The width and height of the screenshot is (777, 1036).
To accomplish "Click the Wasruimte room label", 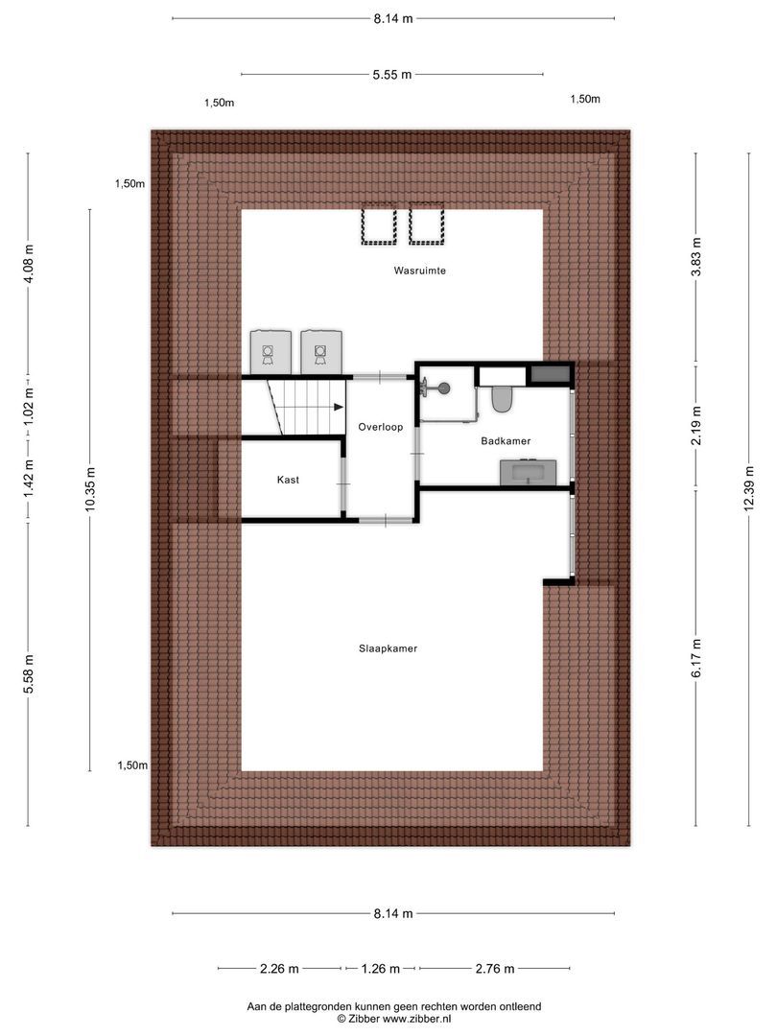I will coord(419,271).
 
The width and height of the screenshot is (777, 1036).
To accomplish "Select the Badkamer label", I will coord(506,440).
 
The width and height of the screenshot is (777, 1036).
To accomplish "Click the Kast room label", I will coord(289,480).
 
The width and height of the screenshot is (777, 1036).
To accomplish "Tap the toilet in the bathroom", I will coord(501,398).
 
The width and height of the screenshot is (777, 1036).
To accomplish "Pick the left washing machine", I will coord(270,351).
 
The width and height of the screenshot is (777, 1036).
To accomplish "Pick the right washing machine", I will coord(320,351).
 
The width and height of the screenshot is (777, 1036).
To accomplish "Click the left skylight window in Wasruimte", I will coord(378,226).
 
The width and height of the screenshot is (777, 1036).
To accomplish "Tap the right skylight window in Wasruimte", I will coord(426,226).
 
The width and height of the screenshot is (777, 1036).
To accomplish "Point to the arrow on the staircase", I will coord(338,408).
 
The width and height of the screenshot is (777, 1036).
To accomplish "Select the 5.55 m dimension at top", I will coord(391,74).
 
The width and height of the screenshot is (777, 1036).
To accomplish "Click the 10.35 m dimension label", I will coord(91,489).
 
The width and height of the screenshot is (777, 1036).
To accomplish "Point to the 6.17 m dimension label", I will coord(697,659).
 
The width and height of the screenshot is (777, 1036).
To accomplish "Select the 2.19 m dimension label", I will coord(697,426).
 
